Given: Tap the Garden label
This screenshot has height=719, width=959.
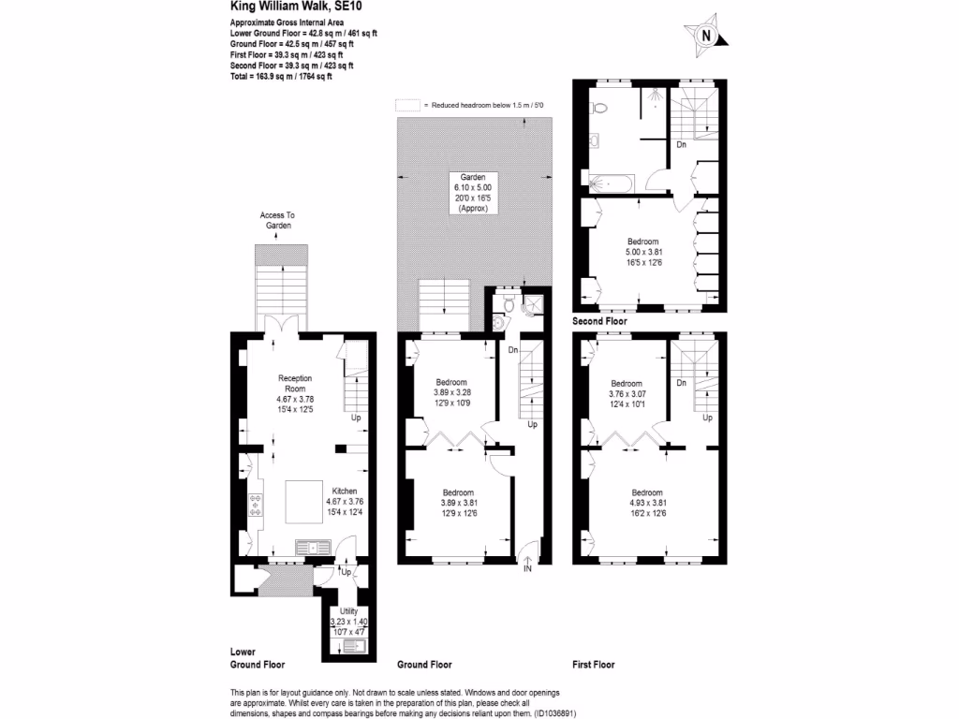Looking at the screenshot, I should point(472,178).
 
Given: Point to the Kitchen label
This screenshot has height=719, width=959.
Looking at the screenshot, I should point(343,491).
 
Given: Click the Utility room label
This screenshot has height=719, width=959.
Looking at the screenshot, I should point(348,610).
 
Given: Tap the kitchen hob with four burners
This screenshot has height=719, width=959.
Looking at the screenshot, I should point(255,506).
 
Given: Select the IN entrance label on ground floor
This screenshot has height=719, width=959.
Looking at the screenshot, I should point(527,568).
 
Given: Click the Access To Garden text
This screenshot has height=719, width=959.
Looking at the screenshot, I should point(278,220).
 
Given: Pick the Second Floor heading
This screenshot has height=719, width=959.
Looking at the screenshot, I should point(599,321).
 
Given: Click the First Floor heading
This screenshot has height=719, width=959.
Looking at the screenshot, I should point(593,665).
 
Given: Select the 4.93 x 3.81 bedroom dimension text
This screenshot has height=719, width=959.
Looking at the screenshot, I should point(647,503).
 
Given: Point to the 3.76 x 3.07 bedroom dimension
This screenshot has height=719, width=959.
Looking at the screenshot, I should point(627,394).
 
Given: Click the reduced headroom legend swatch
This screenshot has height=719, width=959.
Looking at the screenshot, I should point(406,106).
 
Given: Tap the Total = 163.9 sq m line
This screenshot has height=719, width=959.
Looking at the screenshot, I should point(281,76).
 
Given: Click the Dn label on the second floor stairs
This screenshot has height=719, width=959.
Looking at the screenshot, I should point(681,144).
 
